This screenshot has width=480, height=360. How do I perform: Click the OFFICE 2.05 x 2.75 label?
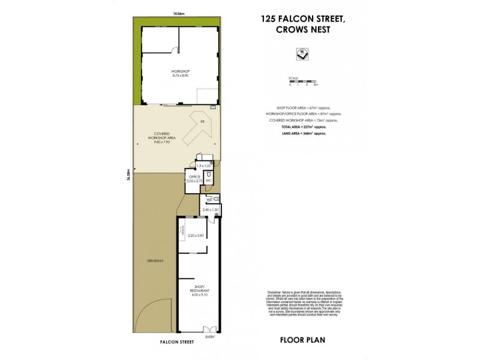tap(194, 178)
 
